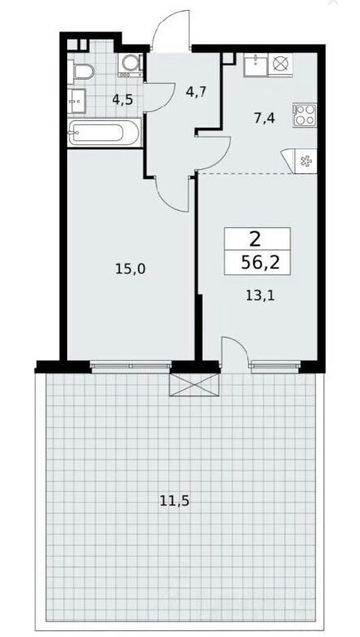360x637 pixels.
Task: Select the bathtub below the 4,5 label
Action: pos(105,133)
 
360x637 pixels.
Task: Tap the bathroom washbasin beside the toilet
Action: pos(77,100)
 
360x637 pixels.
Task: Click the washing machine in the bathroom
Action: pos(131,64)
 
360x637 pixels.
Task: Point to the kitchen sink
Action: pos(255,65)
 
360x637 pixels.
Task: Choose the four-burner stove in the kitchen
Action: pos(304,115)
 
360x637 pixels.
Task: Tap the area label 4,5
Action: pos(123,100)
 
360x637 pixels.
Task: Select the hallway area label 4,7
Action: pos(197,91)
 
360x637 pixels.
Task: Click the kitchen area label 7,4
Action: pos(265,119)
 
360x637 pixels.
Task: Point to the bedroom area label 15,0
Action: pos(130,269)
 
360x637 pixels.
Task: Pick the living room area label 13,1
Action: pos(260,295)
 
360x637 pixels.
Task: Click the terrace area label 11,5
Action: pos(174,501)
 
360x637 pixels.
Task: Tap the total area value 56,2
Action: pos(260,263)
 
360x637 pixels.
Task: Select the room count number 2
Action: pos(255,241)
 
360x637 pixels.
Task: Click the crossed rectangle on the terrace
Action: pos(194,384)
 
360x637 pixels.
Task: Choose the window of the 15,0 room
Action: pos(130,366)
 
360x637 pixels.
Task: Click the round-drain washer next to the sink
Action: pos(281,65)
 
